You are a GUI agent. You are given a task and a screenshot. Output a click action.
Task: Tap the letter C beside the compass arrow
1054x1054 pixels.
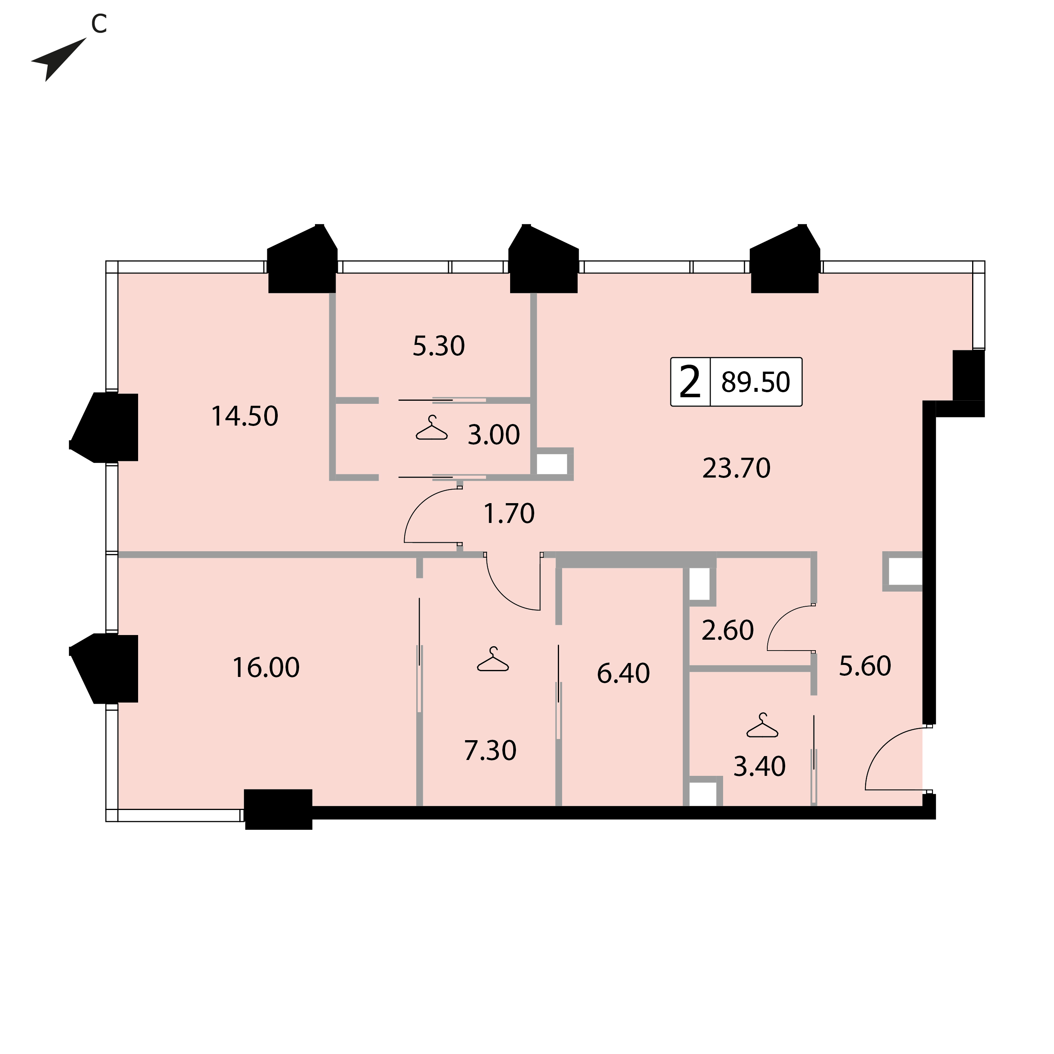tap(99, 23)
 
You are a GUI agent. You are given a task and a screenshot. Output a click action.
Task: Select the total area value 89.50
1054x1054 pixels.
tap(756, 382)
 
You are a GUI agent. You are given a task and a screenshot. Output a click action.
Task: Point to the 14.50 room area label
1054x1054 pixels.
tap(244, 416)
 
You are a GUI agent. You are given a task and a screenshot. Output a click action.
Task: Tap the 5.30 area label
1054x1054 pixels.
tap(439, 346)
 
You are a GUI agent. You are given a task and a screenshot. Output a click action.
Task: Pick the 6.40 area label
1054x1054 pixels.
tap(623, 673)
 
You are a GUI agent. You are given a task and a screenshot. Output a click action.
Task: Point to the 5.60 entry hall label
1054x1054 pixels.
tap(865, 666)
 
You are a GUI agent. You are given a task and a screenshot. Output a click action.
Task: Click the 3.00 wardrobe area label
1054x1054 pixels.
tap(494, 435)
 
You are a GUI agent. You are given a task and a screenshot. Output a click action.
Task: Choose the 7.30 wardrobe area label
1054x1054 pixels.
tap(490, 751)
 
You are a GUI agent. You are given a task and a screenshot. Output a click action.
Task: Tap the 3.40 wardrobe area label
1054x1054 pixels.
tap(760, 767)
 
